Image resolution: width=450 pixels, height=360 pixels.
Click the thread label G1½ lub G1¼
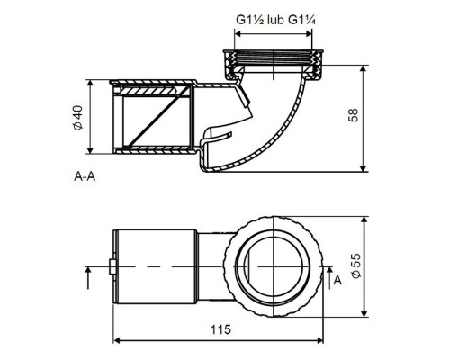coord(275,20)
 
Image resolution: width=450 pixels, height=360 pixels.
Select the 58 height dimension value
coord(354,115)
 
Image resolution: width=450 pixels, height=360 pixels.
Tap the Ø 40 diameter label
coord(77,118)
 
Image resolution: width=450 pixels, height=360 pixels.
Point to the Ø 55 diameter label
coord(355,265)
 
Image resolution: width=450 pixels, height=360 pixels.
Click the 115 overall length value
coord(220,329)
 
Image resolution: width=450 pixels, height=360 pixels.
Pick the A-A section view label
coord(85,176)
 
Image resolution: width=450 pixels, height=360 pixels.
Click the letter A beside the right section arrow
coord(337,281)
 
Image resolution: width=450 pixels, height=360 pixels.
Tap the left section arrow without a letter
coord(88,278)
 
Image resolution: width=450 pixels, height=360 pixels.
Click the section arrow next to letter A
coord(329,278)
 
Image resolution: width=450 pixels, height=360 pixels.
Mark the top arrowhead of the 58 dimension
coord(364,69)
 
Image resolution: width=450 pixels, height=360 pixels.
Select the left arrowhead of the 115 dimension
coord(117,340)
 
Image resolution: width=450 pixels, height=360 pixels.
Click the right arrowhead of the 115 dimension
coord(319,340)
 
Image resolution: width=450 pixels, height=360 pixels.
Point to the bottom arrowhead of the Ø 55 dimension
coord(364,312)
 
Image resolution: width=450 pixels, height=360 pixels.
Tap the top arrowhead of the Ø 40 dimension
coord(90,85)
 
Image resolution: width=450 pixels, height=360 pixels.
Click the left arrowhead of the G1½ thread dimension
coord(238,34)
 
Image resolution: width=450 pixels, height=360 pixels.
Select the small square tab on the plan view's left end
coord(112,266)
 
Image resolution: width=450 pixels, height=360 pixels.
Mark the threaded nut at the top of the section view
coord(274,65)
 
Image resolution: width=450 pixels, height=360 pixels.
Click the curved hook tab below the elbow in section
coord(216,138)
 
